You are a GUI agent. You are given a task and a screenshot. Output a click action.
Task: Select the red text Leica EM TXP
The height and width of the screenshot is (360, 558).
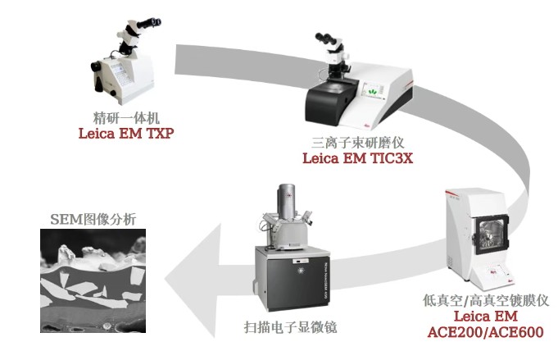click(x=125, y=133)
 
